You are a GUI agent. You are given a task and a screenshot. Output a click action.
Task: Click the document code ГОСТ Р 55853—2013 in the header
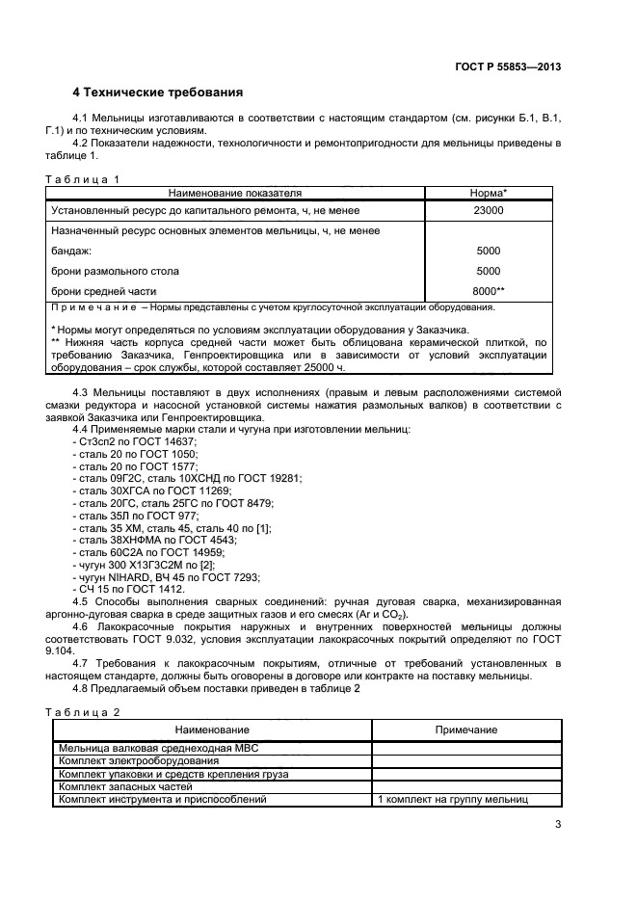(x=507, y=66)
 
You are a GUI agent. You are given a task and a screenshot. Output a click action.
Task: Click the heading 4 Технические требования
(x=157, y=93)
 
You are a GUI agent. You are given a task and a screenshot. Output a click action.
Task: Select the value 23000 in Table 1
(x=488, y=210)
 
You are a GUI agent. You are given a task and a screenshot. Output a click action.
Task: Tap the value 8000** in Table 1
(x=488, y=291)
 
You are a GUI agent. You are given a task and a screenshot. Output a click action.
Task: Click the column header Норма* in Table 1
(x=488, y=193)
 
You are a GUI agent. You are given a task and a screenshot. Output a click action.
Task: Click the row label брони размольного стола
(x=115, y=271)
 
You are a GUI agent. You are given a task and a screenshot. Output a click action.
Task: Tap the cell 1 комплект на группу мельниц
(x=453, y=799)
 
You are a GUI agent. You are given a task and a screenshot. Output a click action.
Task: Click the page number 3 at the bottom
(x=558, y=823)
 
